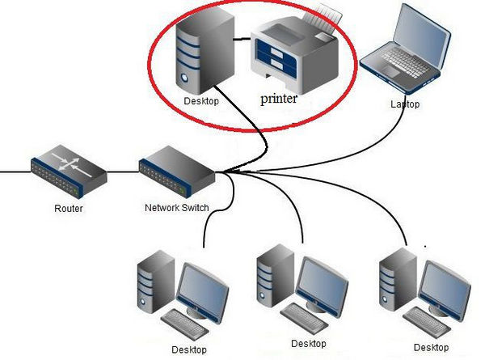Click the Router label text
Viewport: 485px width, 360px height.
(69, 208)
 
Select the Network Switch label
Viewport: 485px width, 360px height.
(177, 207)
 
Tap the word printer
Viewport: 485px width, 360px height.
(280, 99)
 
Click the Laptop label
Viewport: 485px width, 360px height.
(406, 104)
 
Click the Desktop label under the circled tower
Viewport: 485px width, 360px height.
(200, 100)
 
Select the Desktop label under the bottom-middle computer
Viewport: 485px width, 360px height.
(308, 344)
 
